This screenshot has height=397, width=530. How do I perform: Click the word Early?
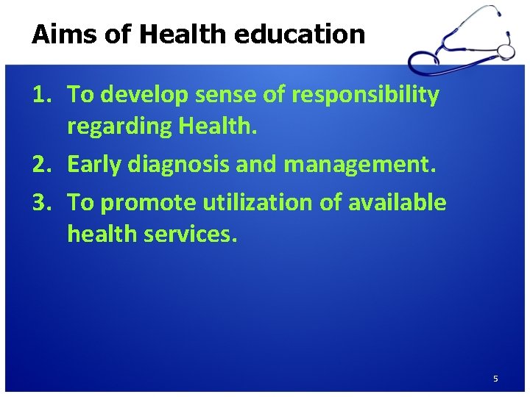(x=93, y=165)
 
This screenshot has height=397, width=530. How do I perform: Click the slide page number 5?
(x=495, y=379)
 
